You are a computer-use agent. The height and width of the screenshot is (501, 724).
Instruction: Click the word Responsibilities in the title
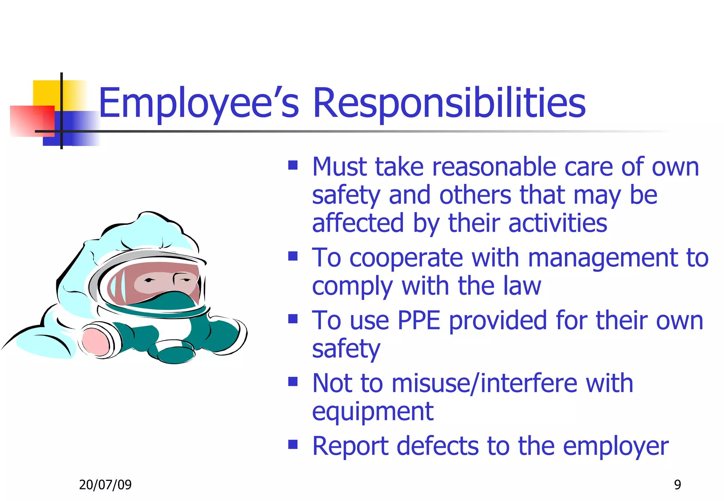pos(449,103)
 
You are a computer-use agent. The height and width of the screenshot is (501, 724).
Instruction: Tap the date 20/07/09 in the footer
pos(105,485)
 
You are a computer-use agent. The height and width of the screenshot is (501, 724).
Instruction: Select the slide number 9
pos(677,485)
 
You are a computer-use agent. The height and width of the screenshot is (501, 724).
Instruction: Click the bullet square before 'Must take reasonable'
pos(293,165)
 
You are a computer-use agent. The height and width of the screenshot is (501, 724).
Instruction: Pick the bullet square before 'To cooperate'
pos(293,256)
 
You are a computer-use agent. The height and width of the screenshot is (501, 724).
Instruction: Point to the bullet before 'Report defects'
pos(293,444)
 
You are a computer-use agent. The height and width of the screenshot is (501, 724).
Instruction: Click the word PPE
pos(419,321)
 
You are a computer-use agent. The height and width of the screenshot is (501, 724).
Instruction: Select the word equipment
pos(373,412)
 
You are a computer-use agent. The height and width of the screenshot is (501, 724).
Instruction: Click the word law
pos(522,286)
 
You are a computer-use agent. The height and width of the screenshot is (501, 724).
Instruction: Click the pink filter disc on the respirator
pos(95,341)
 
